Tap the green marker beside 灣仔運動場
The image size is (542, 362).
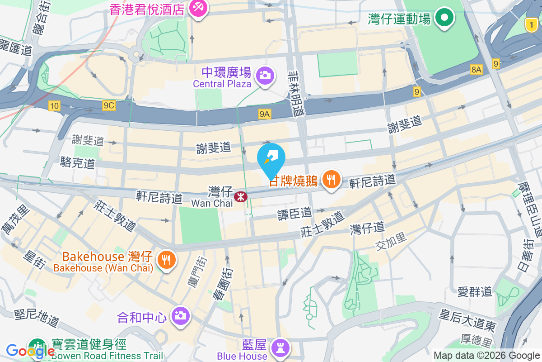coord(444,18)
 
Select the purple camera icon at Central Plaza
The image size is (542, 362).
coord(265,75)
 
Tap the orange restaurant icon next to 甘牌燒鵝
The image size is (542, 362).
coord(332,180)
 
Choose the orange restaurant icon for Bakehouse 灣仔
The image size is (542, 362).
coord(167,260)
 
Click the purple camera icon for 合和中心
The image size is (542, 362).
coord(180,315)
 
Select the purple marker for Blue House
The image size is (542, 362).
coord(280,348)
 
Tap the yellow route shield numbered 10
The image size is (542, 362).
coord(54,106)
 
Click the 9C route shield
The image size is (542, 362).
coord(109,106)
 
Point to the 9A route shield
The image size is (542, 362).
coord(265,114)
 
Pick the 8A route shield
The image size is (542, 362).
coord(476,69)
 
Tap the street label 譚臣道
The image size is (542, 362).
coord(294,212)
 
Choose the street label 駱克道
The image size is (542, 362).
coord(78,162)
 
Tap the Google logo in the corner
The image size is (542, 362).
coord(30,351)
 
